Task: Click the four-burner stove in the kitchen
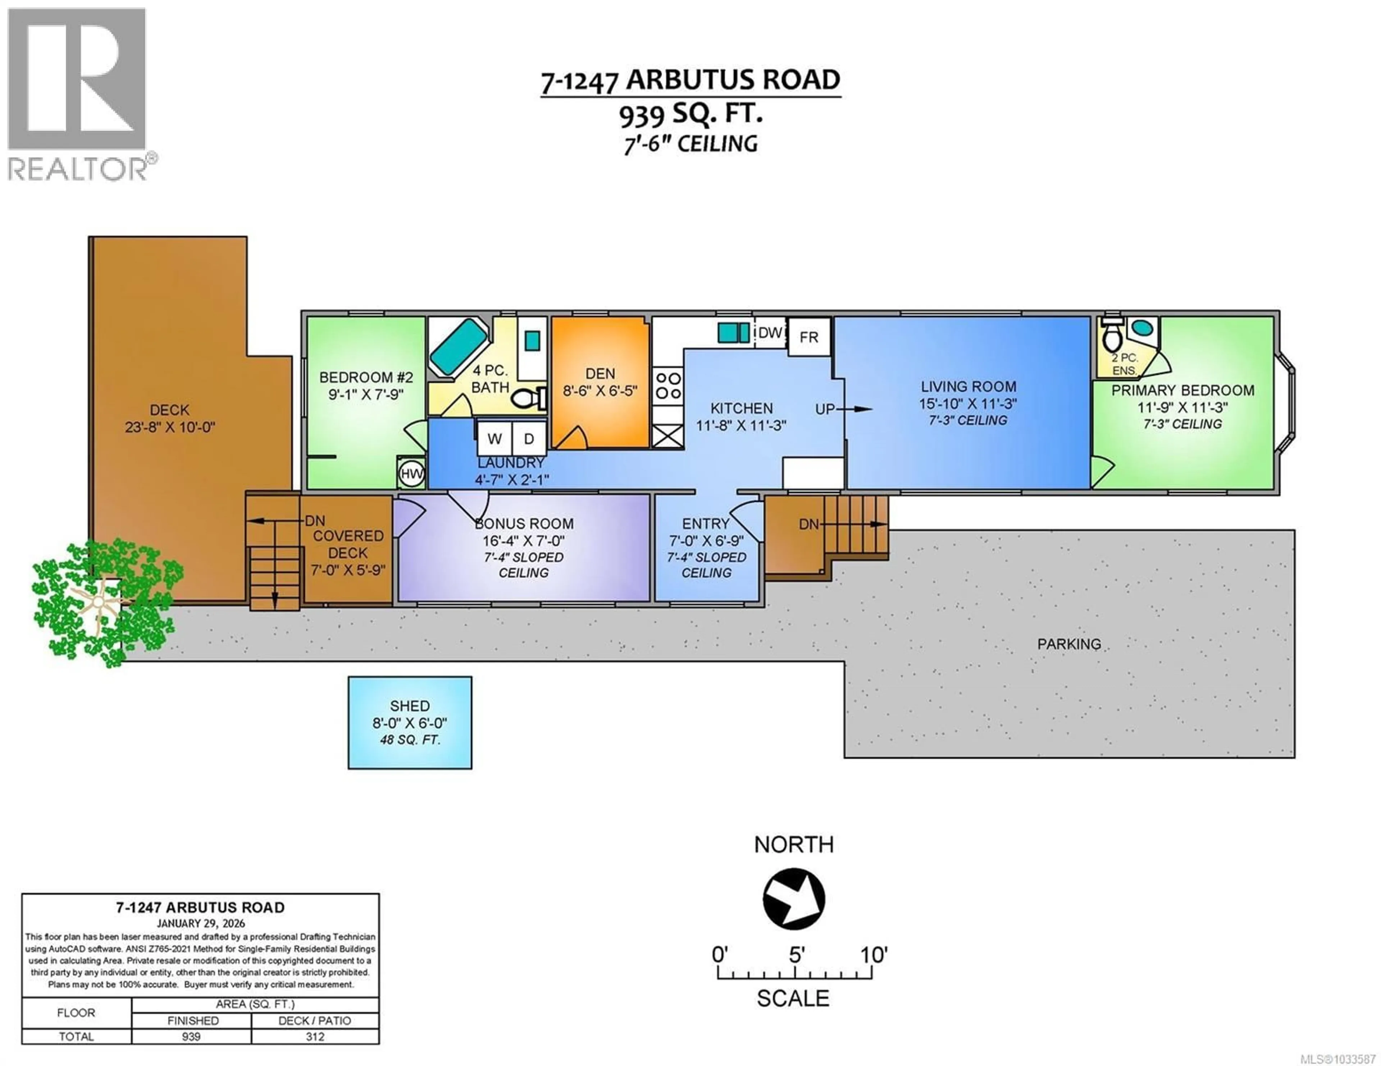pos(668,386)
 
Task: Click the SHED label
pos(410,706)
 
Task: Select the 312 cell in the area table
pos(315,1036)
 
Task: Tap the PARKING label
pos(1068,644)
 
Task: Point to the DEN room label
pos(600,373)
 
